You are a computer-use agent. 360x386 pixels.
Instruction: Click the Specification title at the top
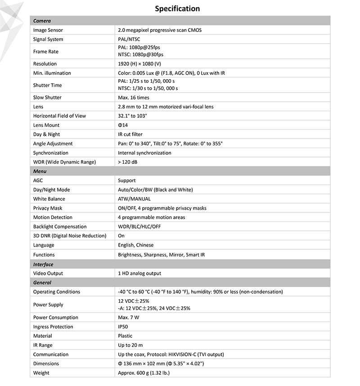[177, 9]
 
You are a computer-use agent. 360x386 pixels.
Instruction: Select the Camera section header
[42, 21]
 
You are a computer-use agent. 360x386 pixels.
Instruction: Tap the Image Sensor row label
[48, 30]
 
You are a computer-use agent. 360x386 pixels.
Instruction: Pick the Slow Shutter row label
[47, 98]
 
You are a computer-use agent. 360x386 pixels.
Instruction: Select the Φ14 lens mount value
[123, 125]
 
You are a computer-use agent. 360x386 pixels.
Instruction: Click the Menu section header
[40, 171]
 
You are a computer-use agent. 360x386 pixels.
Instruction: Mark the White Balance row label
[49, 199]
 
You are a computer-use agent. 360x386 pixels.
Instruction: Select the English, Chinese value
[135, 245]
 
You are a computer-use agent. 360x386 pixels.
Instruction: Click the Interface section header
[43, 265]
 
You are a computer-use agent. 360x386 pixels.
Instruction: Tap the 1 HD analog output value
[139, 274]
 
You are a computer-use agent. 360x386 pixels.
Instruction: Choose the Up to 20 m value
[130, 346]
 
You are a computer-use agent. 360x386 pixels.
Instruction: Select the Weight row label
[41, 373]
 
